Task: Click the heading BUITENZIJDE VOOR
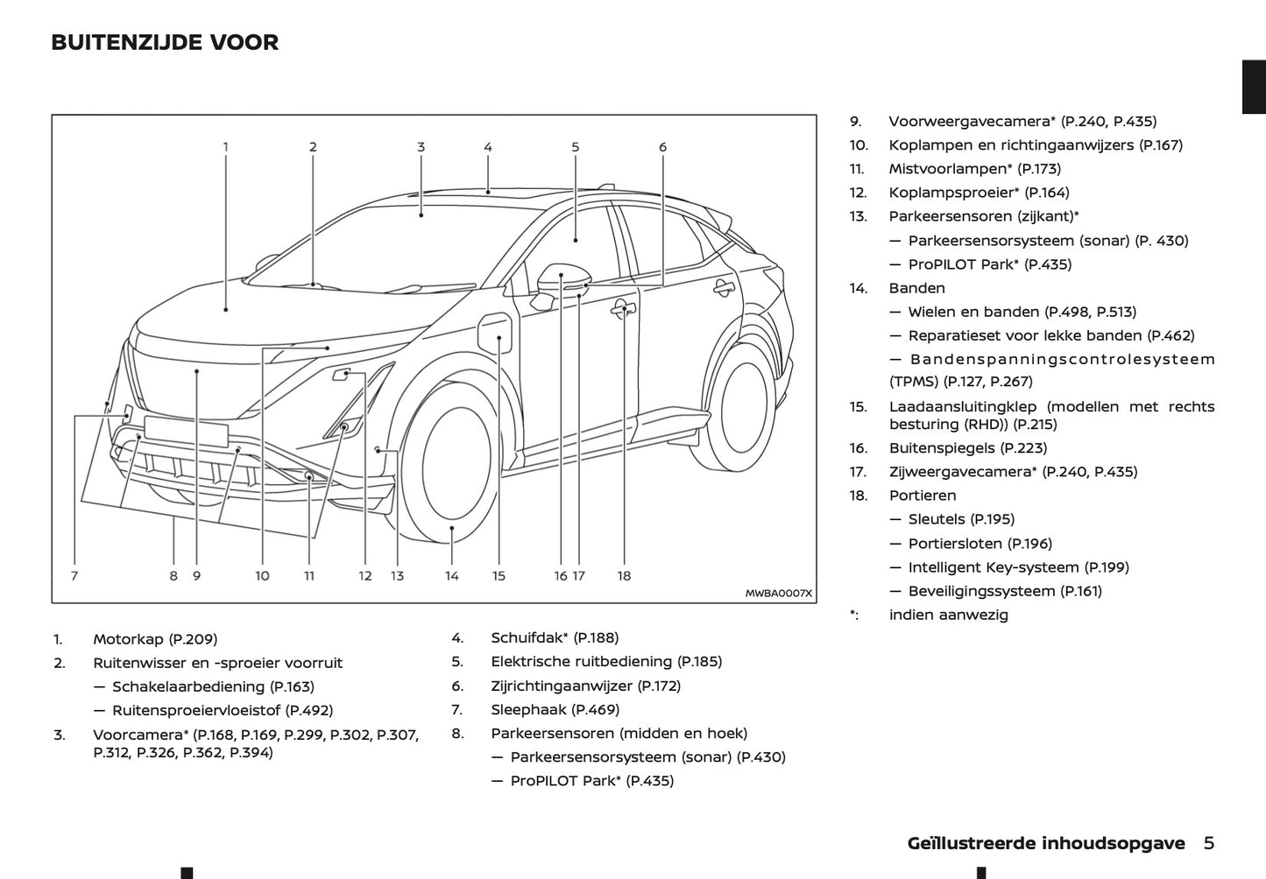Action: point(165,42)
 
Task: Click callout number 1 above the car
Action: point(225,147)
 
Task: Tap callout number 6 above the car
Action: point(662,147)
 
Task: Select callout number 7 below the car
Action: point(74,576)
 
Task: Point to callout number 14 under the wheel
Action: point(451,576)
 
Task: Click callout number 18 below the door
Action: point(624,576)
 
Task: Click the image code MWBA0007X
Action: point(778,594)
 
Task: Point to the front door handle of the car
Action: point(624,307)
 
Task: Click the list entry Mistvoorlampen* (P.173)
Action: point(974,169)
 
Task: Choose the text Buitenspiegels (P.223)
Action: point(967,448)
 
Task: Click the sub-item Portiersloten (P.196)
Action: point(980,544)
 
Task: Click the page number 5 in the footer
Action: point(1209,843)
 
